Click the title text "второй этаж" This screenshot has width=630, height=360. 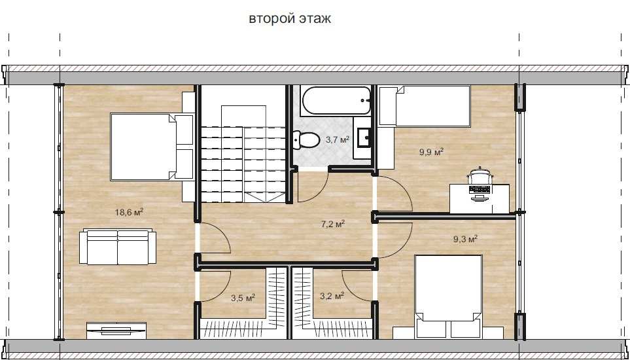(290, 19)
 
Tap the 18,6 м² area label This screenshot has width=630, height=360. (130, 212)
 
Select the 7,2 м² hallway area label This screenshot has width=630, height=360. (333, 224)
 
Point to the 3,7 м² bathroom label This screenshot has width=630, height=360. (338, 140)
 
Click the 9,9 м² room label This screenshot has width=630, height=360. (431, 152)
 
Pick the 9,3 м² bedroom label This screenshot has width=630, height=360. (465, 240)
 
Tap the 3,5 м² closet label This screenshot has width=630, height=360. (243, 298)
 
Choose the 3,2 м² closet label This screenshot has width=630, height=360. (332, 297)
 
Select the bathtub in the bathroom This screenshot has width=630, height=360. (336, 101)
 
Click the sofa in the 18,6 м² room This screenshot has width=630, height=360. (118, 247)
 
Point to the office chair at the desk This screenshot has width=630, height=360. (481, 176)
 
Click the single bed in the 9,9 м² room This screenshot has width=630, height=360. (425, 106)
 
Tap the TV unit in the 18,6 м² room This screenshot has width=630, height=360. (117, 331)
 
